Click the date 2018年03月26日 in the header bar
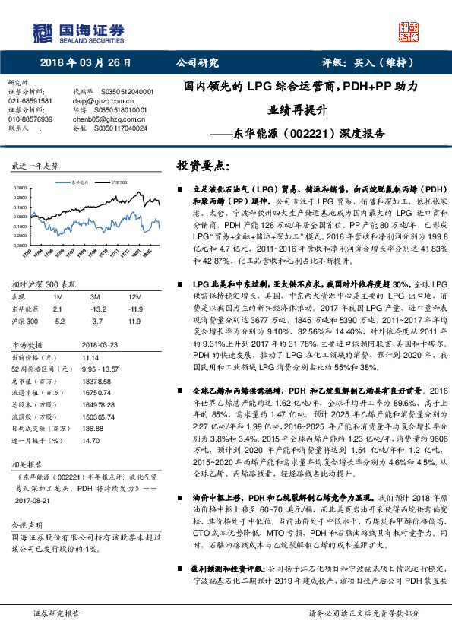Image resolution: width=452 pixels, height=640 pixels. coord(81,63)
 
